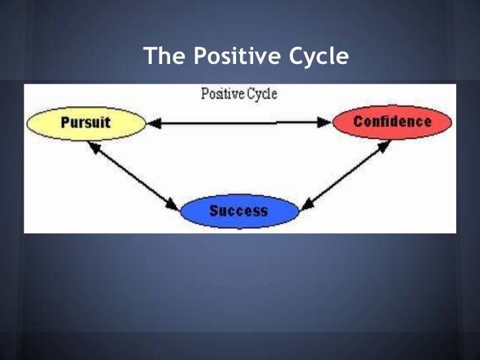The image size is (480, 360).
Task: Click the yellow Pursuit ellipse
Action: click(x=86, y=123)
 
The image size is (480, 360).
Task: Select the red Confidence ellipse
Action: click(x=392, y=122)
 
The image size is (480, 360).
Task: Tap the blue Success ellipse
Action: click(x=239, y=211)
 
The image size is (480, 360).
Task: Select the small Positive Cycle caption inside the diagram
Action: click(x=239, y=94)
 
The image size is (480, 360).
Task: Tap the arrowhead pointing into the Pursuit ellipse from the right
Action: click(x=153, y=122)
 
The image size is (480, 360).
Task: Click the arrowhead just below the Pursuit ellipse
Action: click(x=93, y=146)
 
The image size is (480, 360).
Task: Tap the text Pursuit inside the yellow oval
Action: click(x=86, y=123)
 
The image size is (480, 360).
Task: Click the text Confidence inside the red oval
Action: click(x=392, y=122)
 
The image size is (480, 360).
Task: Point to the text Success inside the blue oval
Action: click(x=239, y=211)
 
